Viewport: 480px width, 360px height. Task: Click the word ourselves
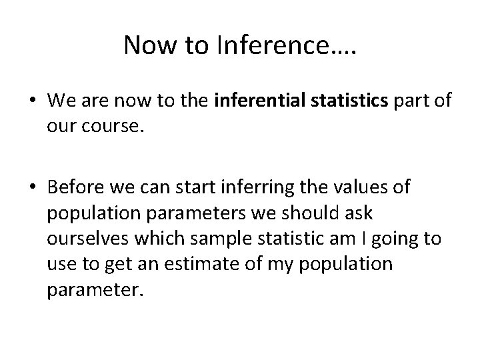(x=87, y=239)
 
